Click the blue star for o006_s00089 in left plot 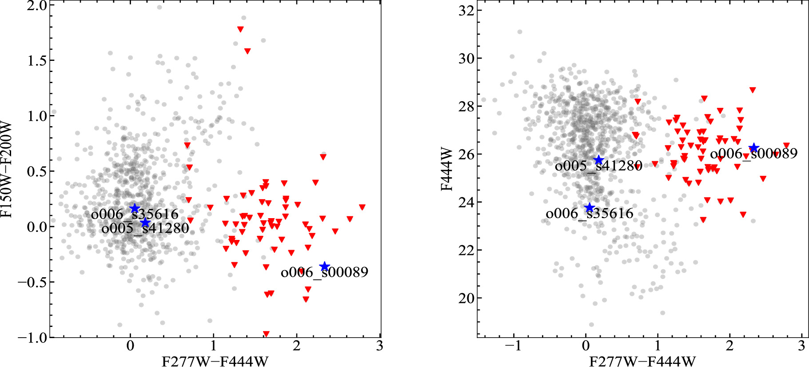click(325, 267)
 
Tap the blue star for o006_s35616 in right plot click(590, 208)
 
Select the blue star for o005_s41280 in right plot click(599, 160)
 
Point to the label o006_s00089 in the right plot click(754, 154)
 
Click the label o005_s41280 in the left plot click(145, 228)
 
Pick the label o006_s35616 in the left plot click(135, 215)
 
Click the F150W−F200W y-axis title click(7, 169)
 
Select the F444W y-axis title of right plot click(446, 169)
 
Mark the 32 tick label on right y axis click(466, 11)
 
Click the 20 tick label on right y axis click(466, 298)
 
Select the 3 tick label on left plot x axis click(379, 346)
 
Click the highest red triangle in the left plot click(240, 29)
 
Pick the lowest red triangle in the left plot click(266, 334)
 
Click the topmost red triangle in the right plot click(753, 90)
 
